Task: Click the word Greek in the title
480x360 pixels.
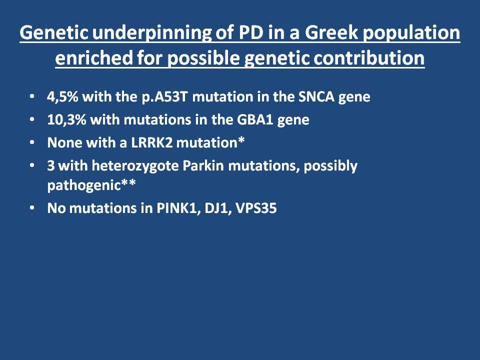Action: (331, 32)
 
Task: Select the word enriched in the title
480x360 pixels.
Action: (93, 57)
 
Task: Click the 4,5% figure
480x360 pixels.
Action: (63, 96)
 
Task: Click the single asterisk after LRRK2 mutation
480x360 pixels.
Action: (241, 140)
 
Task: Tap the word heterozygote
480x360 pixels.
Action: (135, 166)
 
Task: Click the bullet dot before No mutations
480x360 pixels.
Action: (32, 208)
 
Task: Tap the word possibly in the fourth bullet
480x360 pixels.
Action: (330, 166)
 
